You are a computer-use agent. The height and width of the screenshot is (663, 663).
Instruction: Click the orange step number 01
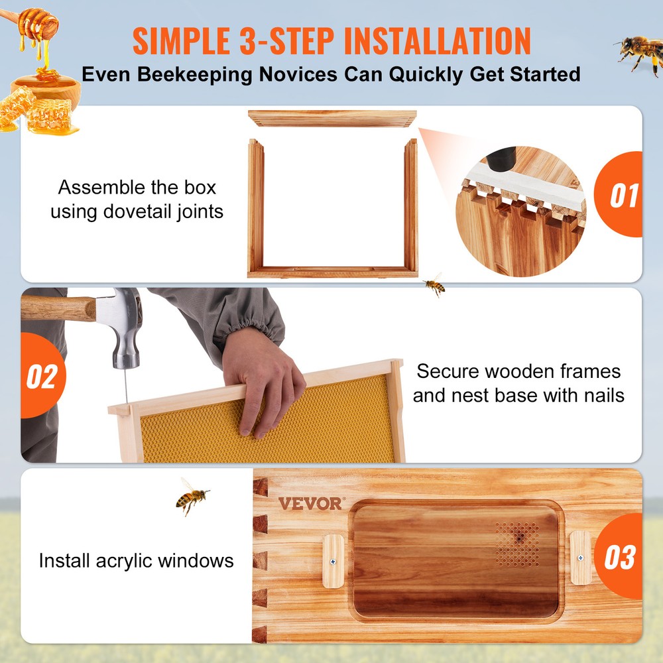click(x=623, y=196)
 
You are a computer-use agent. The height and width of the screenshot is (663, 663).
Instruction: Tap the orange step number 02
click(x=41, y=377)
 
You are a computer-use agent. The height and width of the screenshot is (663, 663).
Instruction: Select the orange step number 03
click(x=619, y=557)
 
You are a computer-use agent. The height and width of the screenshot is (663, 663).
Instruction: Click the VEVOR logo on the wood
click(x=310, y=503)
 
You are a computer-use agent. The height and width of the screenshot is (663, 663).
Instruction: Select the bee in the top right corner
click(x=637, y=52)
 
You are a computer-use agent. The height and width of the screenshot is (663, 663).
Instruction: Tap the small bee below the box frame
click(x=434, y=284)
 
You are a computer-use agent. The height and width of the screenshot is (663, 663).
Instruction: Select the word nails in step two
click(x=599, y=396)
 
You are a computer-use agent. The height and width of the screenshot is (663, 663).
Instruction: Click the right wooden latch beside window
click(x=580, y=558)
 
